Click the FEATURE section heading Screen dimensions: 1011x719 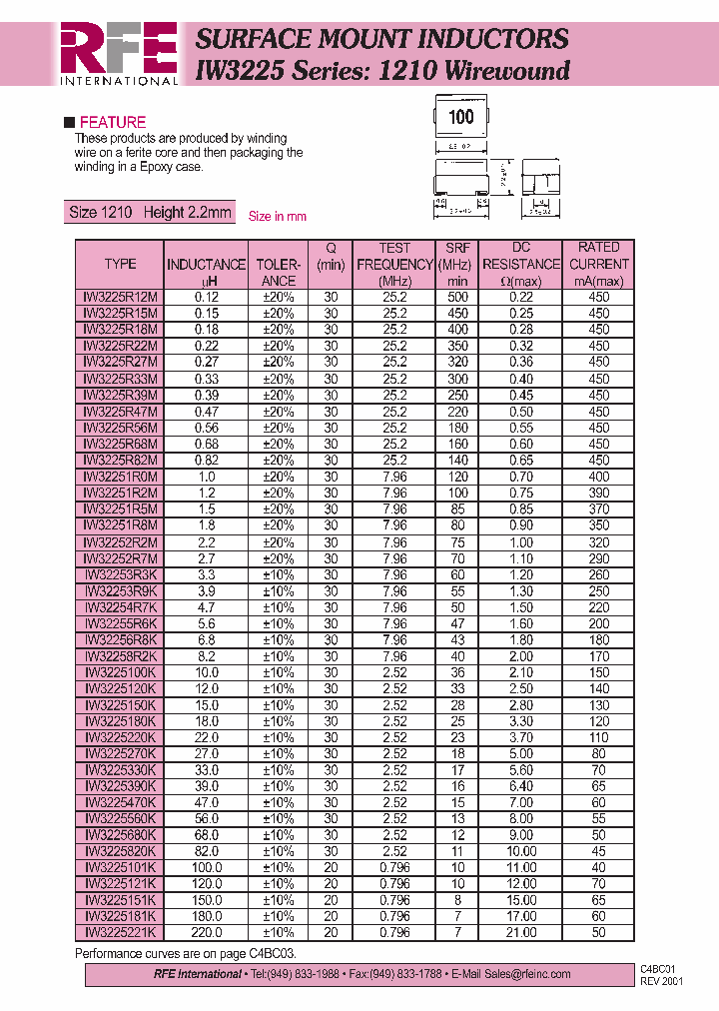point(112,122)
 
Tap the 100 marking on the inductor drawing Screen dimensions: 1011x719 point(460,117)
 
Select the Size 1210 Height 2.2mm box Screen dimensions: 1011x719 point(149,212)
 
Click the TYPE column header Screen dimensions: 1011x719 point(120,264)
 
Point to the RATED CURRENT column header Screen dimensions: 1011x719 point(598,264)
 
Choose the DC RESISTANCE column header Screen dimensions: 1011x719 point(520,264)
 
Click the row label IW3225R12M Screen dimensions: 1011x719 point(120,297)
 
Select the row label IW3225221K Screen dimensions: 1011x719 point(120,932)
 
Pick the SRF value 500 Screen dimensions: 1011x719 point(457,297)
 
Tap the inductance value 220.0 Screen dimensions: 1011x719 point(206,932)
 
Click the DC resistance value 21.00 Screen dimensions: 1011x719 point(520,932)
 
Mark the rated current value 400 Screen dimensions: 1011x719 point(598,477)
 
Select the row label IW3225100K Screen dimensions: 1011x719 point(120,672)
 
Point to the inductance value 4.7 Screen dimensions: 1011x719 point(206,607)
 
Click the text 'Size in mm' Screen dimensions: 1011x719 point(277,216)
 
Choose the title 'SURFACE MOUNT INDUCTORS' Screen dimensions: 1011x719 point(381,39)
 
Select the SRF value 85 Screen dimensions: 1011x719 point(457,509)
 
